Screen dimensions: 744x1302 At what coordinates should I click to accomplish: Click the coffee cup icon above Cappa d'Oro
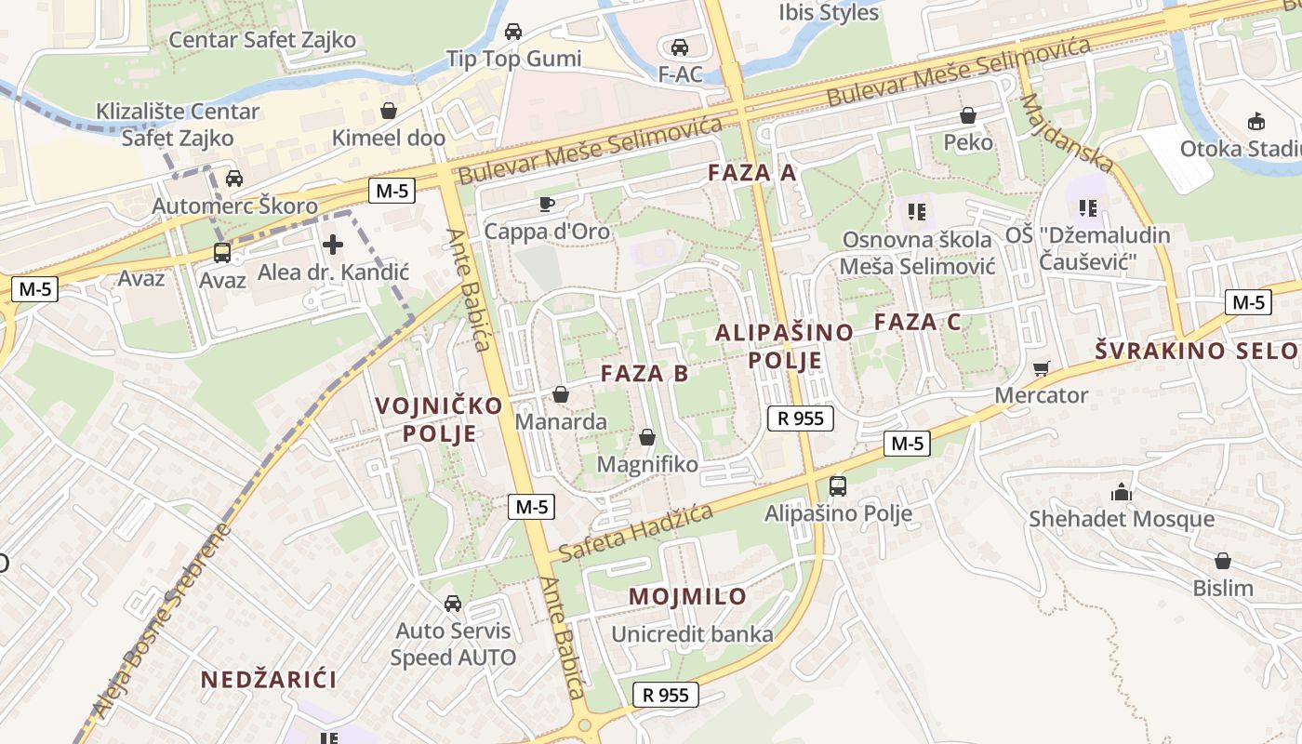546,204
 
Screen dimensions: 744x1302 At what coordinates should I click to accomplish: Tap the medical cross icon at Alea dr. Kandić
332,246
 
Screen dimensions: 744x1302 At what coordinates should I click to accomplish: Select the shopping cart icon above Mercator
1041,368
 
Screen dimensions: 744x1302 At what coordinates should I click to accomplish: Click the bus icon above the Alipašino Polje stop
837,485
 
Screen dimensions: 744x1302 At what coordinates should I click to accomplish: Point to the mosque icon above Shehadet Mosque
1121,492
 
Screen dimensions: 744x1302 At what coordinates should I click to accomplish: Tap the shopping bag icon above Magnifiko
647,436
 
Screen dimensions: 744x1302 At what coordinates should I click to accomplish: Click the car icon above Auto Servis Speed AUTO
453,604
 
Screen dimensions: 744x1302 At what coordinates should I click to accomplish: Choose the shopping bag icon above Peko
968,115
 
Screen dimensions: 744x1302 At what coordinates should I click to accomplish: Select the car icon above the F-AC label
680,46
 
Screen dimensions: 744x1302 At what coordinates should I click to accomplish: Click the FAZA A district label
752,172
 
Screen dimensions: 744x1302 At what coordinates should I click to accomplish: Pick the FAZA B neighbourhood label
644,374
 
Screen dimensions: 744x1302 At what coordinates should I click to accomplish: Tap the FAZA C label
917,323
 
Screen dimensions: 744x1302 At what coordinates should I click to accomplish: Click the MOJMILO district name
687,596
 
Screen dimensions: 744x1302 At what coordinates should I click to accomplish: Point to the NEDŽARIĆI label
269,680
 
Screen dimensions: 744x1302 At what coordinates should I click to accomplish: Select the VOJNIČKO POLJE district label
439,419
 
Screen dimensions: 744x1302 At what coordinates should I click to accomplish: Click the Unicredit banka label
692,634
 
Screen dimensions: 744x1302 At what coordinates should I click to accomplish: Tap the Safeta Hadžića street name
636,533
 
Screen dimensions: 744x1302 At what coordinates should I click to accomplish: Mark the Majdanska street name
1067,133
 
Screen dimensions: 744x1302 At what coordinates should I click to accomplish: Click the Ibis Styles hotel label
828,12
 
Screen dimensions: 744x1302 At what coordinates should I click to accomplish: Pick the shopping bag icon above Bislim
1222,561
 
